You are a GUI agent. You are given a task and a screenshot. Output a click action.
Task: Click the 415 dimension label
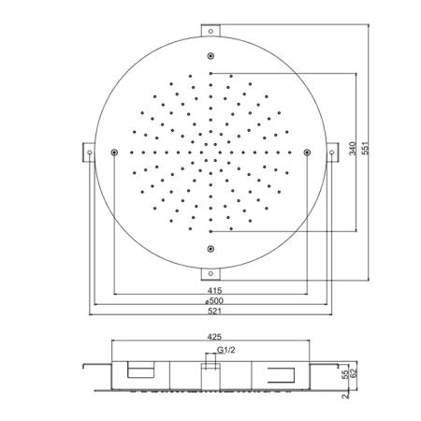[x=214, y=291]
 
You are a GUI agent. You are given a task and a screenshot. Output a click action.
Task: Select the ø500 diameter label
[x=214, y=301]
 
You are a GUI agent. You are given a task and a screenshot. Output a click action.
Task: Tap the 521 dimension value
[x=214, y=312]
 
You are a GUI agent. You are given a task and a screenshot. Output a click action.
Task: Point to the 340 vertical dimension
[x=353, y=149]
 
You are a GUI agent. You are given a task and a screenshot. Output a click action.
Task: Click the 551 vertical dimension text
[x=365, y=149]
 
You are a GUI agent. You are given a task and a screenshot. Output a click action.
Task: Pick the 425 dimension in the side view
[x=214, y=337]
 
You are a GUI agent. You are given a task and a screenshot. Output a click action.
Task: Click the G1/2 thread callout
[x=226, y=350]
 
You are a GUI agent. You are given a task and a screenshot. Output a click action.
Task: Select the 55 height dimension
[x=345, y=375]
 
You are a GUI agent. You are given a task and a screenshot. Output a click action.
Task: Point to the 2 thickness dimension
[x=345, y=396]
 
